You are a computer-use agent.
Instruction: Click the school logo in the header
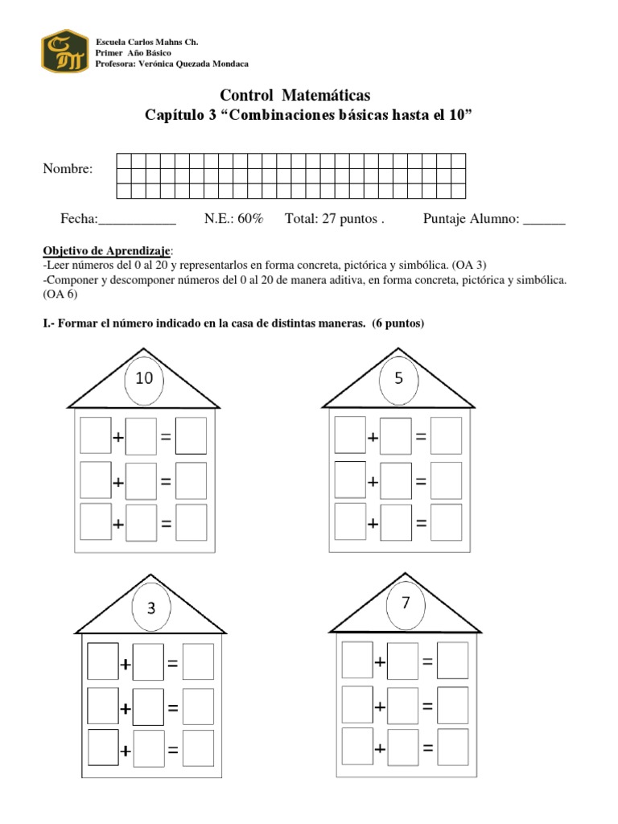64,51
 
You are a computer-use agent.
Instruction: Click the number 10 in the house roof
144,377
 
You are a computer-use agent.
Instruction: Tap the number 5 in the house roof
398,377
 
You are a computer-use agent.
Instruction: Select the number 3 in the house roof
151,608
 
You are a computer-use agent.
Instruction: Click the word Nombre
68,169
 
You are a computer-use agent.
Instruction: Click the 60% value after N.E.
249,219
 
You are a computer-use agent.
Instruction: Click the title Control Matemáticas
295,97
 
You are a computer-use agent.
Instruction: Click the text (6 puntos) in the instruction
398,323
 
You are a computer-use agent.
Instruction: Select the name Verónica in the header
160,64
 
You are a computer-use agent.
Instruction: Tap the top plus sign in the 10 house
118,438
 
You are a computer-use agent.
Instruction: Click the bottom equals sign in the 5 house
421,523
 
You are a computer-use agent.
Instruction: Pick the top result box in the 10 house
191,435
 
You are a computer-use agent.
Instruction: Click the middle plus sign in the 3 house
126,709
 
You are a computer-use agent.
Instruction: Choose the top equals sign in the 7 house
428,662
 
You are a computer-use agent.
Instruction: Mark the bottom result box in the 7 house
452,747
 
